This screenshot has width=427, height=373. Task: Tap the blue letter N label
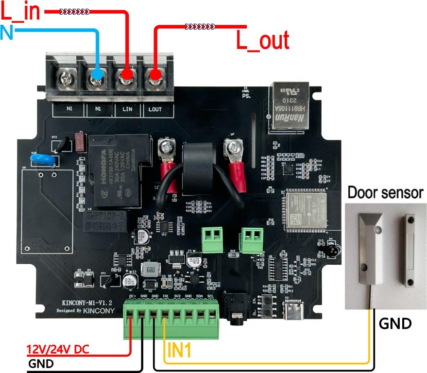coord(7,34)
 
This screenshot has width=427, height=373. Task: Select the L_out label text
coord(262,41)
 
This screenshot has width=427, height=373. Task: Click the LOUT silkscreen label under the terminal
coord(155,109)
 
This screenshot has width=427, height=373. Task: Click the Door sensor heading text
coord(385,193)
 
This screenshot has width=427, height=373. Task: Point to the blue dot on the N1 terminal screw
coord(97,74)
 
